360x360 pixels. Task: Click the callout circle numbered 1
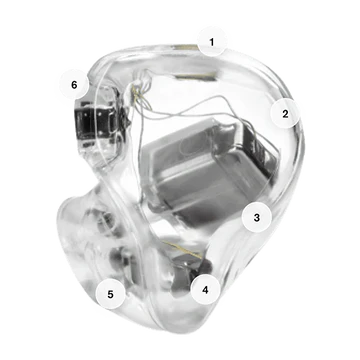pos(211,42)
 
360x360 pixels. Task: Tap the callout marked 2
pos(285,114)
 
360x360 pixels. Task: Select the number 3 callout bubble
pos(257,218)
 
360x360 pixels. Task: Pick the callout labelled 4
pos(206,290)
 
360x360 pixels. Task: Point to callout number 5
pos(111,294)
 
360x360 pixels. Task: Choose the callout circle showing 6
pos(74,84)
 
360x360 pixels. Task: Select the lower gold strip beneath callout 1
pos(195,77)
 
